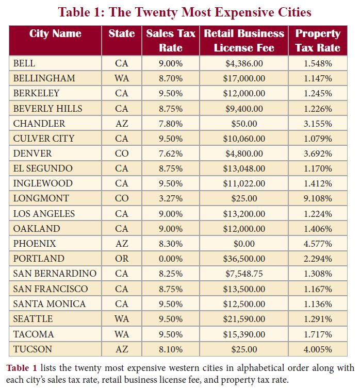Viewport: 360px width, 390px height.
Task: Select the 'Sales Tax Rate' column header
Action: point(171,40)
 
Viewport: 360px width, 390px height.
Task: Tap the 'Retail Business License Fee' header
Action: point(244,40)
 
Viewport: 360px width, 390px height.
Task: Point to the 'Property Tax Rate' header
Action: point(318,40)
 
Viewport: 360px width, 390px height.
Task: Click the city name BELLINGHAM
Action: point(44,78)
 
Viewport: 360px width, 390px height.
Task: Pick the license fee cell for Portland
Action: point(244,259)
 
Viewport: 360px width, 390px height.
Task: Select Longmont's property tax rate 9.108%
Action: point(318,198)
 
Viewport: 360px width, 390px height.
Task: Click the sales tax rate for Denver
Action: point(171,154)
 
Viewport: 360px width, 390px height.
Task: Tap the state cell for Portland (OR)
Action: point(122,259)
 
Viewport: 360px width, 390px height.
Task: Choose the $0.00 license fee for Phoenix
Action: point(244,244)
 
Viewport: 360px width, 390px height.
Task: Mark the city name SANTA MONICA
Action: point(50,304)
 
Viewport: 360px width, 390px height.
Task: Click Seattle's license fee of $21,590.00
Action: point(244,319)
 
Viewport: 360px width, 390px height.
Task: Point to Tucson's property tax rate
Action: point(318,349)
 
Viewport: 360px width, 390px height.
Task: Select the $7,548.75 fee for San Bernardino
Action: point(244,274)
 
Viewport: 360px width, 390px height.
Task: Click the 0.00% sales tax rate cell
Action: point(171,259)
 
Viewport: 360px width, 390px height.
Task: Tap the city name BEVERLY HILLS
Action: point(48,109)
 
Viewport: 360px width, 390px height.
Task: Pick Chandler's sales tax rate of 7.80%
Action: point(171,124)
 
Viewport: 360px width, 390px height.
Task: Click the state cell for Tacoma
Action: point(122,334)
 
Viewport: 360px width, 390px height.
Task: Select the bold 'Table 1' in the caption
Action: point(21,368)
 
